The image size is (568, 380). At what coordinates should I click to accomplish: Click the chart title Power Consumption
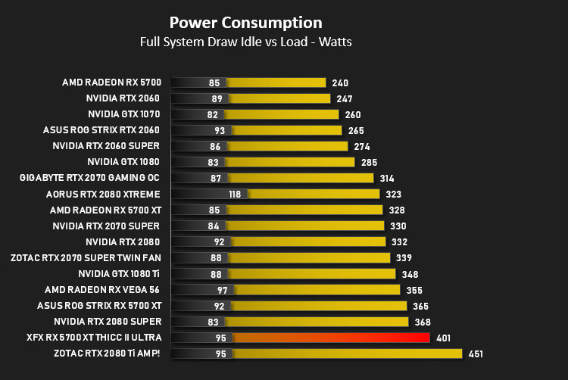246,23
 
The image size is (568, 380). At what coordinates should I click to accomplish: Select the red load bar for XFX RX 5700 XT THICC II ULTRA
331,338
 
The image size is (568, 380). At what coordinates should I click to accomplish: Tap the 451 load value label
476,354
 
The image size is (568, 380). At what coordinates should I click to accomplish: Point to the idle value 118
235,195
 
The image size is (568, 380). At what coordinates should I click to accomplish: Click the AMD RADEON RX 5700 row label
111,83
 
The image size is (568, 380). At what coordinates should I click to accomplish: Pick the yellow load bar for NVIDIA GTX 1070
282,114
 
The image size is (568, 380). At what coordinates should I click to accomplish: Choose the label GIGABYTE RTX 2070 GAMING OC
89,178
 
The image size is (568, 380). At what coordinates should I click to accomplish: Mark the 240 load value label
340,83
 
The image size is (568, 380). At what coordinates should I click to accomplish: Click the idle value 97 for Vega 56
223,290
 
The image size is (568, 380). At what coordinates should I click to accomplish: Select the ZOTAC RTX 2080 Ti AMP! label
107,354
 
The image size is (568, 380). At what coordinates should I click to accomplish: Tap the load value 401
443,338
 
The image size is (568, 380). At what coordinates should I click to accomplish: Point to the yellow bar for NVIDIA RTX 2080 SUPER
317,322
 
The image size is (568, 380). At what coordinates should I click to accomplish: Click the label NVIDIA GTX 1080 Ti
119,274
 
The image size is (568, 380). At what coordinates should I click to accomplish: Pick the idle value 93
220,131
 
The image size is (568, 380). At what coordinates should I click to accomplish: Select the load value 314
387,179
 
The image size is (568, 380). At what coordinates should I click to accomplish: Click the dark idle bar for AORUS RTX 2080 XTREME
209,194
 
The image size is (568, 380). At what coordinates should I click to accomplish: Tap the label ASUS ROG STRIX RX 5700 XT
99,306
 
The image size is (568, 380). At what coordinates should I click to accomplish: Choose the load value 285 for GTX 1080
369,163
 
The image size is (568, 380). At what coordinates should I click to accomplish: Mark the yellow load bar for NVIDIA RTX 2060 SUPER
287,146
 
